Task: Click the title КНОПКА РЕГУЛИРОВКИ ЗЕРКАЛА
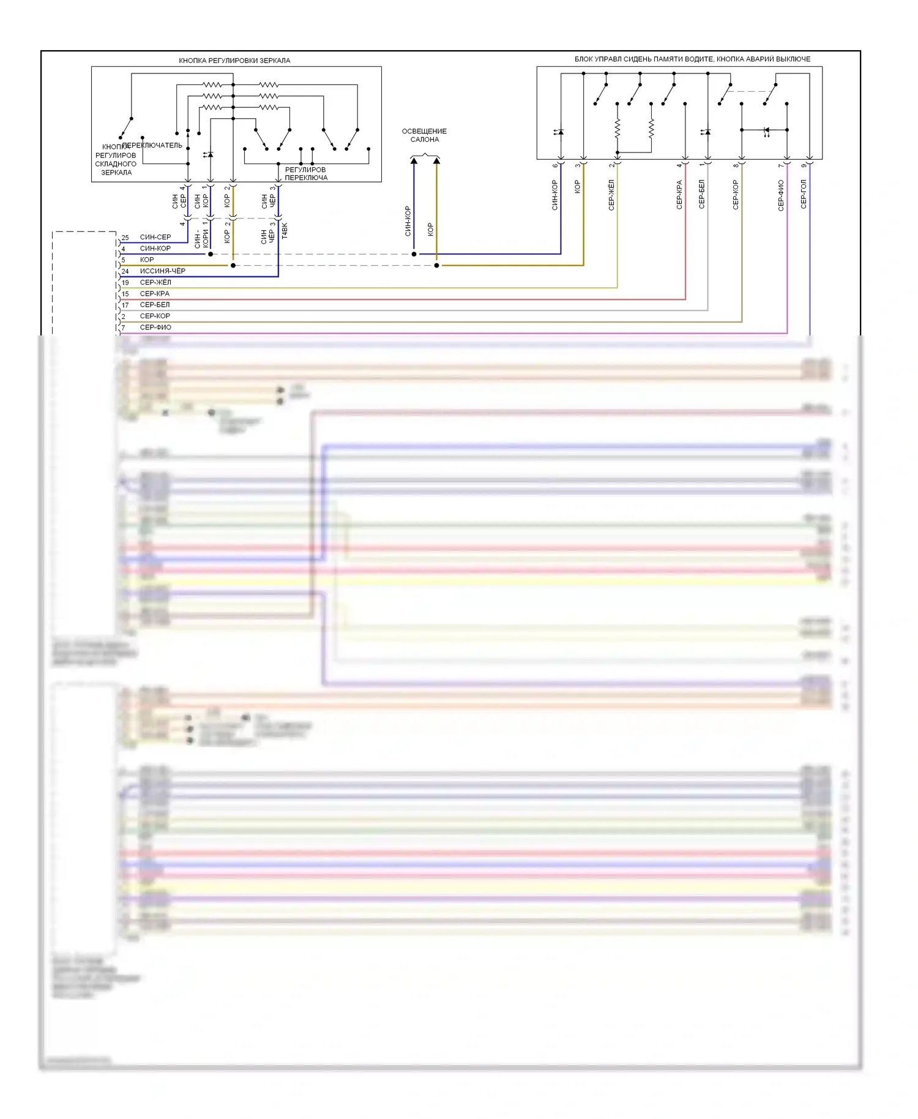[234, 61]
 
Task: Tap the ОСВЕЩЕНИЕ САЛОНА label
[424, 135]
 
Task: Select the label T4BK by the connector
[285, 231]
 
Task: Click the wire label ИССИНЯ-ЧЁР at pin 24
[162, 271]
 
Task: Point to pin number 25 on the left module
[125, 238]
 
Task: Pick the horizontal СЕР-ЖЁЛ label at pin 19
[155, 282]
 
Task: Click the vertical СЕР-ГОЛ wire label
[804, 194]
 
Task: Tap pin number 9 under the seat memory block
[804, 166]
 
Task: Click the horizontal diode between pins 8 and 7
[766, 130]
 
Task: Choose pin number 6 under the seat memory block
[555, 166]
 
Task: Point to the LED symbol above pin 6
[559, 132]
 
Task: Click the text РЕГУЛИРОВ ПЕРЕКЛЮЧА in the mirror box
[306, 174]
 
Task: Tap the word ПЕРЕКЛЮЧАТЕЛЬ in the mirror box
[152, 146]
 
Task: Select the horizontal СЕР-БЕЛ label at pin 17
[155, 305]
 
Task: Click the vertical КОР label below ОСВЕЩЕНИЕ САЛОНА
[430, 230]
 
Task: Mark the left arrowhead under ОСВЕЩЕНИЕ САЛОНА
[414, 161]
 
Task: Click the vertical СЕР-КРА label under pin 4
[679, 195]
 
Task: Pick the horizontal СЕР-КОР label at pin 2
[155, 316]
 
